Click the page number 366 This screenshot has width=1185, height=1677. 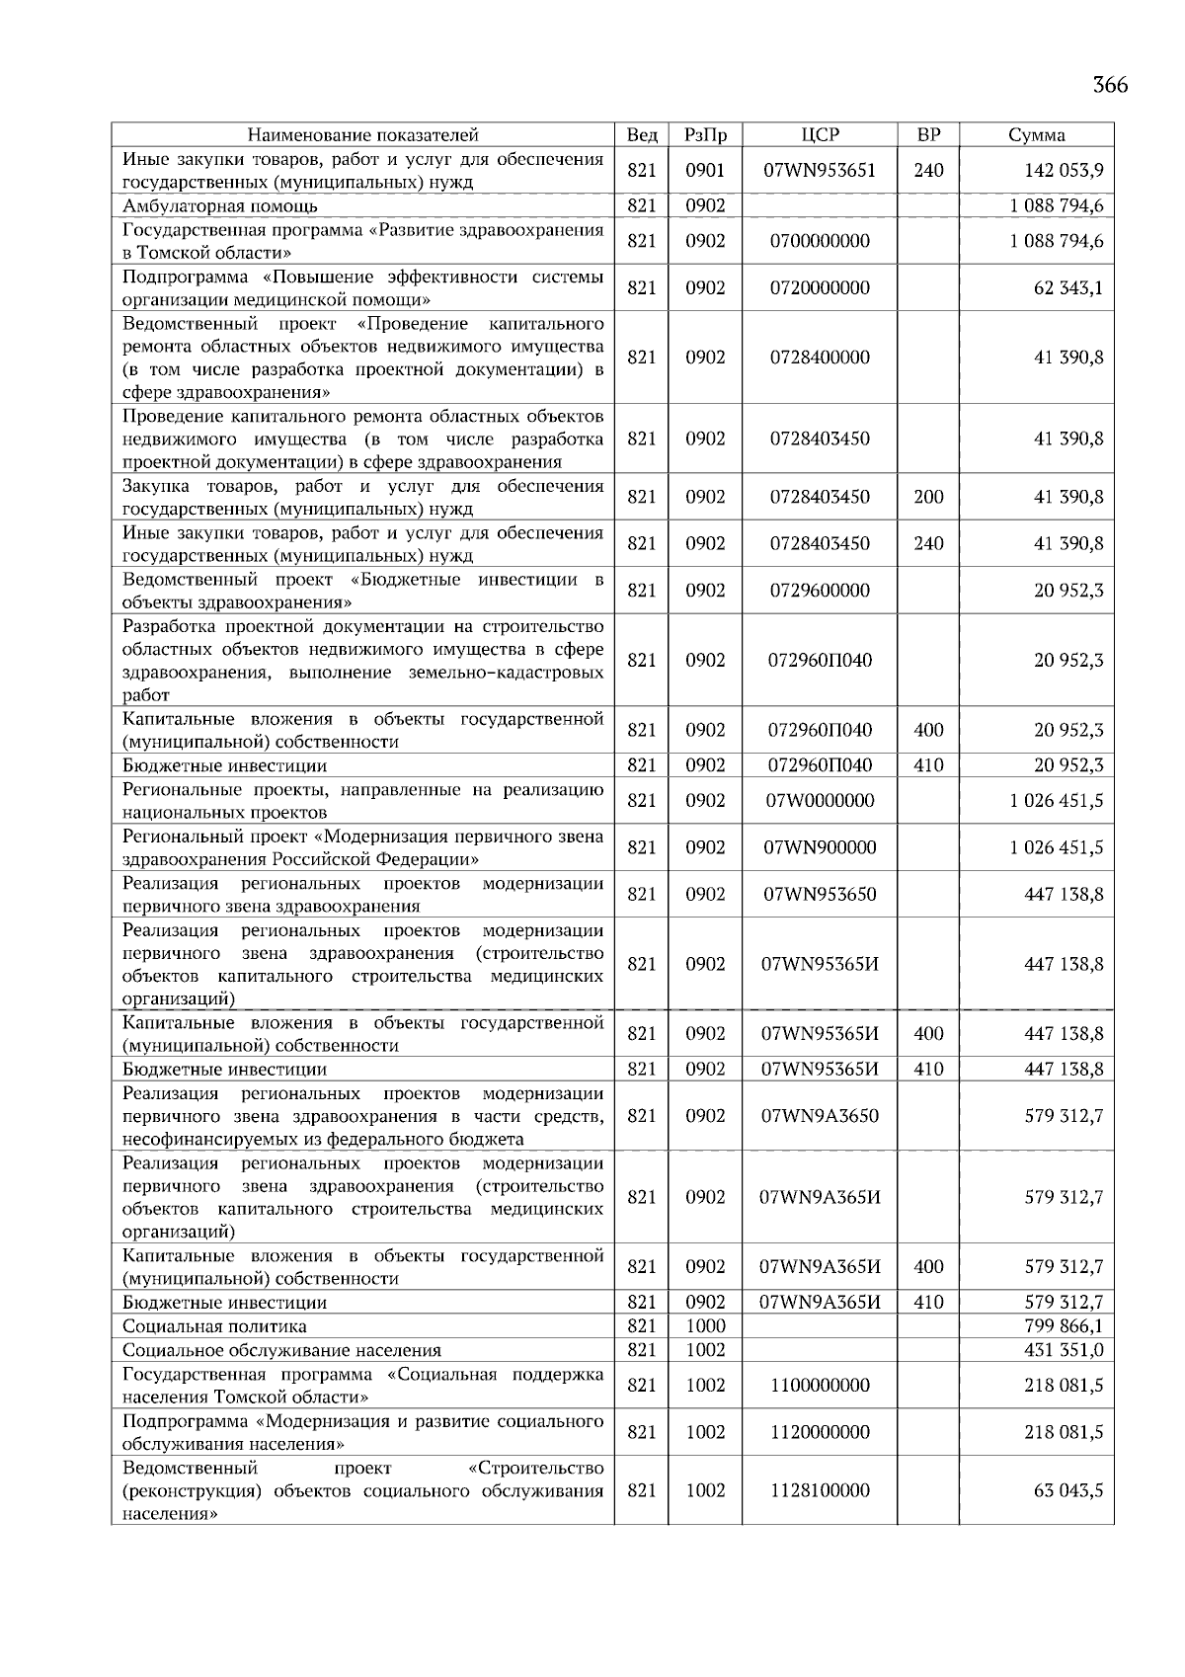[1109, 85]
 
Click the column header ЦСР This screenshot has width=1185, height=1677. [820, 135]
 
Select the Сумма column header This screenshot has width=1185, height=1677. [1036, 135]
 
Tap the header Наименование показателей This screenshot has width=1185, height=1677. [362, 135]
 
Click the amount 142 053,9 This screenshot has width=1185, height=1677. [1064, 171]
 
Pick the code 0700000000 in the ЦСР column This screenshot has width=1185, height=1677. [820, 241]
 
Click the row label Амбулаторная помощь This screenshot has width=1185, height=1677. [220, 206]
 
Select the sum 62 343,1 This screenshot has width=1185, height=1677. [1068, 288]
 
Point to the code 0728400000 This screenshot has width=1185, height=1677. [820, 358]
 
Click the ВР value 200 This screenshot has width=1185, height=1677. [928, 498]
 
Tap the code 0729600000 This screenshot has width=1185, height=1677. [820, 591]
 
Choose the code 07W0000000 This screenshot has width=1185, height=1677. [820, 801]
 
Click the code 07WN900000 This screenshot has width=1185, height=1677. [820, 847]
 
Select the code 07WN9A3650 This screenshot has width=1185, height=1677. [820, 1116]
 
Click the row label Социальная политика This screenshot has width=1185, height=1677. [214, 1326]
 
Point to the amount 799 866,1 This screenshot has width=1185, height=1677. [1064, 1326]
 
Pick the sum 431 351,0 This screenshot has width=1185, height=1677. [1064, 1350]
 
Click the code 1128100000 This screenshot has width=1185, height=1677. [820, 1490]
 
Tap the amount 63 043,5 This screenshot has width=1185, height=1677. [1068, 1490]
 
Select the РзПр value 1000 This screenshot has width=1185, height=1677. [705, 1326]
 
